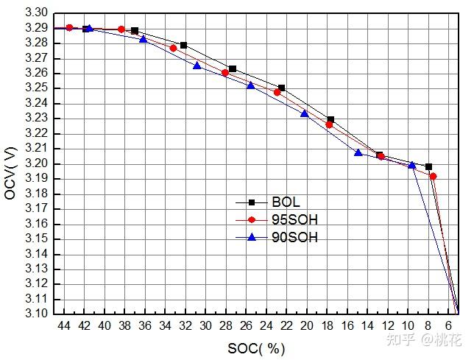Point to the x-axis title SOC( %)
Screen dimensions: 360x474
(257, 347)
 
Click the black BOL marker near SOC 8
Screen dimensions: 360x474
(428, 167)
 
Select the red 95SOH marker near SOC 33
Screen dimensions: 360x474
(174, 49)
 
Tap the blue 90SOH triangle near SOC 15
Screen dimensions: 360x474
(358, 153)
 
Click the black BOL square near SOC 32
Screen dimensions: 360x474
(183, 46)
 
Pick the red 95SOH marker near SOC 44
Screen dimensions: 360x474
(69, 27)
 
